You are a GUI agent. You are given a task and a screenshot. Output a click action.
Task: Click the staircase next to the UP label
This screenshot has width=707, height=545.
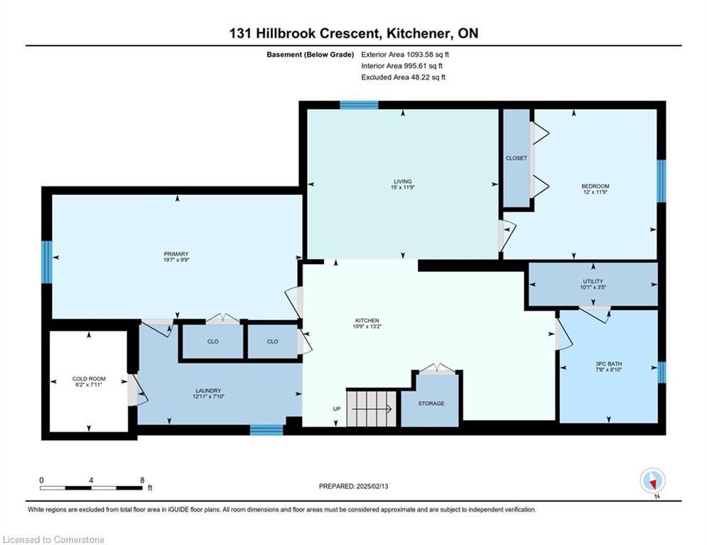coord(371,409)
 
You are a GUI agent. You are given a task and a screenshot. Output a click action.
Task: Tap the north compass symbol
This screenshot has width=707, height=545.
coord(652,482)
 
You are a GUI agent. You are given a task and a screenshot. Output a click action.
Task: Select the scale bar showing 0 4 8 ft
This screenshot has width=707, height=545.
coord(91,488)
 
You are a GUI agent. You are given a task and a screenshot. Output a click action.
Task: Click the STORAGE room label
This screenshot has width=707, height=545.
coord(431,404)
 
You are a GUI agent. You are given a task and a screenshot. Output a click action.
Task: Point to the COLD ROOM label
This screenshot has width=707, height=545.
coord(88,379)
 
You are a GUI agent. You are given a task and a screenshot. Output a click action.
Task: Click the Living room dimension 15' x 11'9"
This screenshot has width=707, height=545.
coord(403,187)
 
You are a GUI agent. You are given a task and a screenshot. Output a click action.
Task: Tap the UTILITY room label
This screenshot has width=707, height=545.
coord(593,281)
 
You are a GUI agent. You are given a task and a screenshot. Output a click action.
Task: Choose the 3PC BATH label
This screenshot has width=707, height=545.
coord(608,363)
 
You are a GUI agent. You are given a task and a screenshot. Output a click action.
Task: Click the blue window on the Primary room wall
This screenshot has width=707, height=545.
coord(47,262)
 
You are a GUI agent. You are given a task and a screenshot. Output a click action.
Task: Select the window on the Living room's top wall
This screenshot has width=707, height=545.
coord(359,106)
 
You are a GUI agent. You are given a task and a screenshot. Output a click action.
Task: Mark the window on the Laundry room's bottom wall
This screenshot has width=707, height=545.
coord(266,430)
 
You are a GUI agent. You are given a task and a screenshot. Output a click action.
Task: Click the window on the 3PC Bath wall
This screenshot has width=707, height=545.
coord(662,373)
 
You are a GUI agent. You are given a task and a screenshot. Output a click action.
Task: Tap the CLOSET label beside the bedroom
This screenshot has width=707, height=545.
coord(517,158)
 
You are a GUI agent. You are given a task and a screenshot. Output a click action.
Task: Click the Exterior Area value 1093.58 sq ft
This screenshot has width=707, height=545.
coord(428,55)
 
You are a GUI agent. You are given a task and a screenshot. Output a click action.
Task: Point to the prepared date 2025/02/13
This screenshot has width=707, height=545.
coord(372,486)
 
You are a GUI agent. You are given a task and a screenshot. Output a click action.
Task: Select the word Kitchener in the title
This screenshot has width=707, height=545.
coord(420,33)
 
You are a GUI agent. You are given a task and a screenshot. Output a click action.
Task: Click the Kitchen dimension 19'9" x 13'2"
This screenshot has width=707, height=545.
coord(367,326)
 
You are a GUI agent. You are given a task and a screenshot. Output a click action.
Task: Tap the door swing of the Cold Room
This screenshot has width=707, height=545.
coord(138,390)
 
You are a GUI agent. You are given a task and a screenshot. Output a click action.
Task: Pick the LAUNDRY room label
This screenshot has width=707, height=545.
coord(208,390)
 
